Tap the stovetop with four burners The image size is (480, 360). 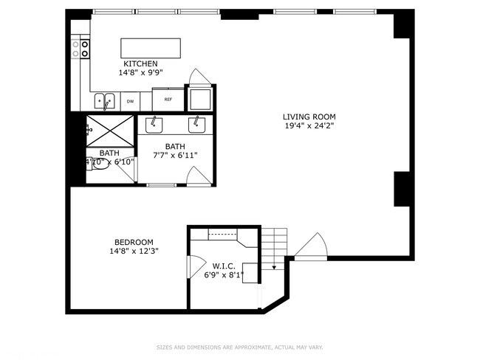pyautogui.click(x=80, y=49)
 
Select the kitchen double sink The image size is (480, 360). pyautogui.click(x=103, y=100)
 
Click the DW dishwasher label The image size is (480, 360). pyautogui.click(x=130, y=101)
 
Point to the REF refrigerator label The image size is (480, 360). pyautogui.click(x=168, y=99)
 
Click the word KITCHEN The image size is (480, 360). pyautogui.click(x=140, y=64)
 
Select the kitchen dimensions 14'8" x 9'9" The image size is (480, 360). pyautogui.click(x=140, y=73)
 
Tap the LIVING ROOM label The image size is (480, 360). pyautogui.click(x=309, y=117)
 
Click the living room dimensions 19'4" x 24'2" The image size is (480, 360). pyautogui.click(x=309, y=125)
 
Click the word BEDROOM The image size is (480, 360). pyautogui.click(x=134, y=242)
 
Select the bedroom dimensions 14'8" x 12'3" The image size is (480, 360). pyautogui.click(x=134, y=251)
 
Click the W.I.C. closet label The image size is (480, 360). pyautogui.click(x=224, y=266)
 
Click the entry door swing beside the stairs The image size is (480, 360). pyautogui.click(x=310, y=247)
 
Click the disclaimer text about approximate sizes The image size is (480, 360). pyautogui.click(x=239, y=347)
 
